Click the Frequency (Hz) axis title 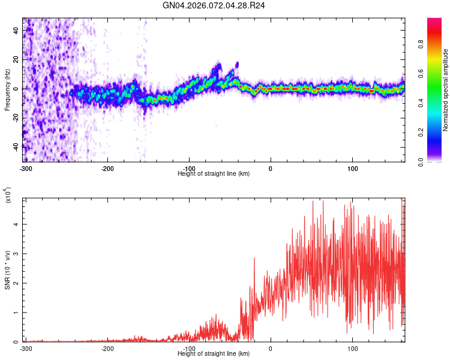point(7,90)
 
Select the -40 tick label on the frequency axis point(16,146)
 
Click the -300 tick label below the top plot point(25,167)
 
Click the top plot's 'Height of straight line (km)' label point(214,173)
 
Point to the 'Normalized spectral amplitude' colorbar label point(446,90)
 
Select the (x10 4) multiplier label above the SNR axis point(8,195)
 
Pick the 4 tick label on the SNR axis point(16,224)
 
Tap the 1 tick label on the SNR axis point(16,313)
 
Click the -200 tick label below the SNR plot point(107,348)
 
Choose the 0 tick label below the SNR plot point(271,348)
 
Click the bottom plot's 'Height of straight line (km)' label point(214,354)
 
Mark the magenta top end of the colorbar point(435,21)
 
